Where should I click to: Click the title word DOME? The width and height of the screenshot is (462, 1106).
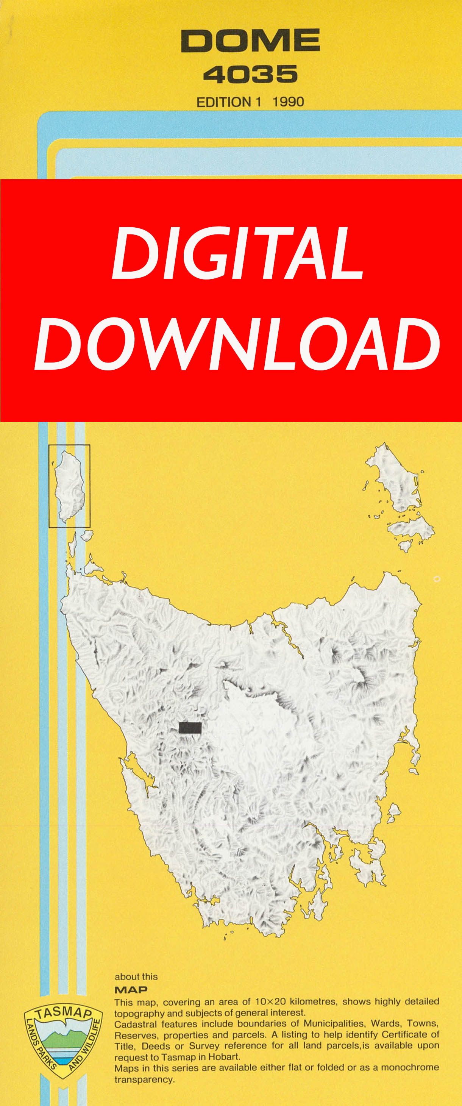point(250,41)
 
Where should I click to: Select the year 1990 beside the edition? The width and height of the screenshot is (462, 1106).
point(288,102)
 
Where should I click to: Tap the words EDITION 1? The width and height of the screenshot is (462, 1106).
point(228,102)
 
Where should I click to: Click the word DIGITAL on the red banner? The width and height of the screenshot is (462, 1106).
point(237,253)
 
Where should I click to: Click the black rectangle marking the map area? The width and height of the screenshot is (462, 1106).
point(190,727)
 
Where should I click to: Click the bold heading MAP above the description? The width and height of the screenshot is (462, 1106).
point(131,990)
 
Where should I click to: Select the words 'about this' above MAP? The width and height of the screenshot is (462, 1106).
point(136,977)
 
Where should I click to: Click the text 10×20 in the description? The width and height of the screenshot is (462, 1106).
point(270,1002)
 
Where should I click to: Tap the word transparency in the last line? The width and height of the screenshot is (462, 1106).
point(144,1079)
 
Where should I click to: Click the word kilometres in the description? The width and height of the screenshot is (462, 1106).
point(314,1002)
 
